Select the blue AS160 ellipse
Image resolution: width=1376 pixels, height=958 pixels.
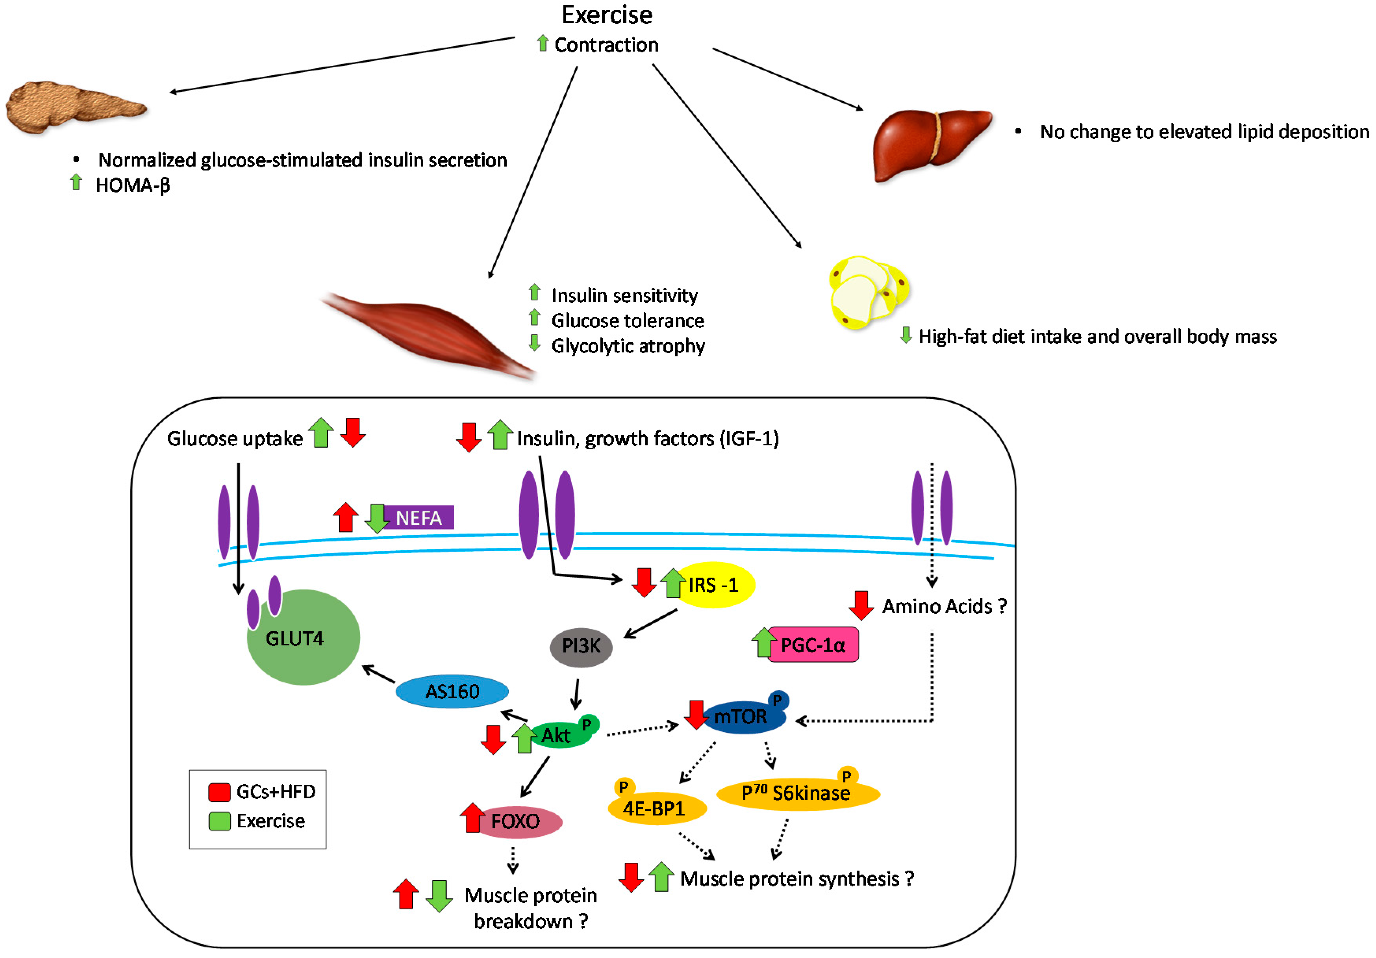coord(452,691)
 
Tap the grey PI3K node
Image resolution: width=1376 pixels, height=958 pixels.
coord(581,646)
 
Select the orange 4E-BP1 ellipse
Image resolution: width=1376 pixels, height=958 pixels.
coord(657,809)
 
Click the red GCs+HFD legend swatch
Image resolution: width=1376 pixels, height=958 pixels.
coord(219,792)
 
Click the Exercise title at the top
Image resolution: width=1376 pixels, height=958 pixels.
coord(606,15)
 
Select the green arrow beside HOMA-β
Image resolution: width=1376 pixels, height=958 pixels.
coord(76,182)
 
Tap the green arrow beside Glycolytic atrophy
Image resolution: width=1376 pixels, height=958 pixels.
coord(535,343)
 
